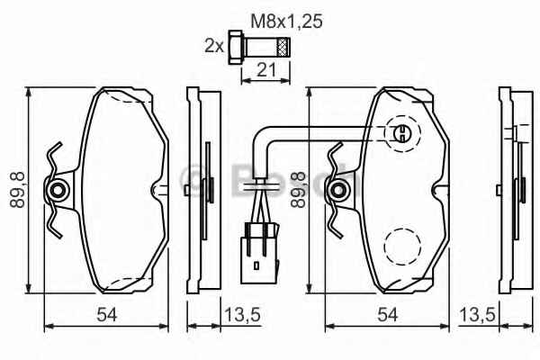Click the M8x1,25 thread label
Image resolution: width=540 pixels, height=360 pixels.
(286, 22)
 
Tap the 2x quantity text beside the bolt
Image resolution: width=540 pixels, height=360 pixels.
(214, 45)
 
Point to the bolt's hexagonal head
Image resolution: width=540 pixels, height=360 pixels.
(235, 47)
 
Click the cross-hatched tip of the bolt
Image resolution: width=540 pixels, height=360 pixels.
(283, 47)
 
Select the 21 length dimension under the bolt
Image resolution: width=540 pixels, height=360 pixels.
(266, 70)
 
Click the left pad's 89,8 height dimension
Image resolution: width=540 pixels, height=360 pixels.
(18, 190)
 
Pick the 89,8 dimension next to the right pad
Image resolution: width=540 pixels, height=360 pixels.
(298, 190)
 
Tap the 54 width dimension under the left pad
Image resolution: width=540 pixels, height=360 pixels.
(107, 314)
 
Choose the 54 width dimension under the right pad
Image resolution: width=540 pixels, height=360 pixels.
(387, 314)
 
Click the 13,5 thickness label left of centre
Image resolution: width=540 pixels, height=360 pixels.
(242, 314)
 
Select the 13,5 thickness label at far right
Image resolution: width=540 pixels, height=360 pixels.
(477, 314)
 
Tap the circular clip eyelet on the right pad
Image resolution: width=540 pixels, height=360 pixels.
(338, 190)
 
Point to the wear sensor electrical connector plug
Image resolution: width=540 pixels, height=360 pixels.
(259, 254)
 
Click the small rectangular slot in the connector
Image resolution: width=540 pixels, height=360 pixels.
(256, 265)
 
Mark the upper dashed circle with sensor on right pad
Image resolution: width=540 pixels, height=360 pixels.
(402, 133)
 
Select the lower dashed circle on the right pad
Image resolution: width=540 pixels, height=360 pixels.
(402, 246)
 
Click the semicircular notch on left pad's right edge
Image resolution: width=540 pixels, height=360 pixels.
(156, 190)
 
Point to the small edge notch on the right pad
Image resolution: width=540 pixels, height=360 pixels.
(436, 190)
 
